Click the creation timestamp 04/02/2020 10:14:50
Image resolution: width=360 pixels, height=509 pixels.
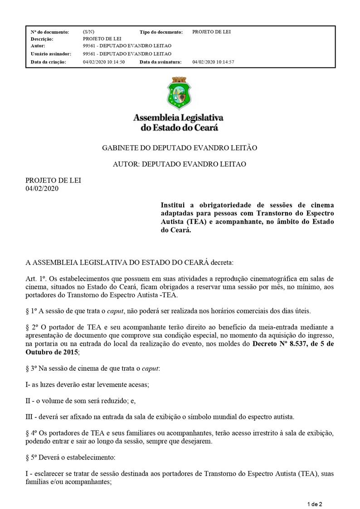pyautogui.click(x=104, y=62)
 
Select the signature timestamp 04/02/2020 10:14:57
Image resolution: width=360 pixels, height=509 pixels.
pyautogui.click(x=213, y=62)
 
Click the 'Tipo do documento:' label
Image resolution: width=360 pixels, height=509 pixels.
pyautogui.click(x=161, y=32)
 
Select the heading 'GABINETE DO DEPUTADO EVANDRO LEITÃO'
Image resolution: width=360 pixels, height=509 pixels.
pyautogui.click(x=180, y=148)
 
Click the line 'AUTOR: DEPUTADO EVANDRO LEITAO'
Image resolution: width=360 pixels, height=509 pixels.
pyautogui.click(x=180, y=164)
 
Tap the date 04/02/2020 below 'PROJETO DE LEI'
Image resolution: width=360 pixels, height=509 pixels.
pyautogui.click(x=42, y=189)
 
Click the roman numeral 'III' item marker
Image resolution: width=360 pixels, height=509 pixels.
pyautogui.click(x=30, y=416)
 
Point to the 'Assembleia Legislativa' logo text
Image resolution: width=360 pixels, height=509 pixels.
pyautogui.click(x=178, y=117)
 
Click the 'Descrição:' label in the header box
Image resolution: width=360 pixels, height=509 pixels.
pyautogui.click(x=42, y=39)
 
